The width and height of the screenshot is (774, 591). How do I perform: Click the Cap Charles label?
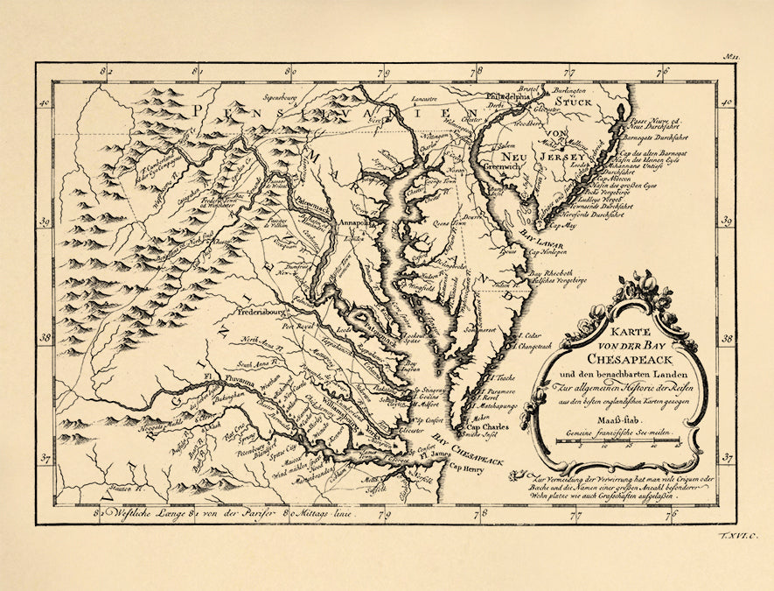click(487, 426)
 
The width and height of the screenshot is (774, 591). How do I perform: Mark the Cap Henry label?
click(467, 467)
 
